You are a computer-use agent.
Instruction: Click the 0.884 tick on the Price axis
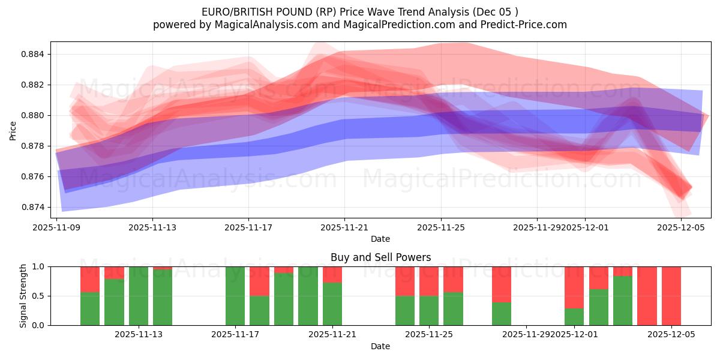point(34,54)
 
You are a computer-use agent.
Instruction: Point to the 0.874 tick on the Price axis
point(34,207)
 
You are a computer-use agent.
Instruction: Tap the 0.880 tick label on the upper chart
point(34,115)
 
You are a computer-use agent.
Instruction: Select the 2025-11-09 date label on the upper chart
point(56,227)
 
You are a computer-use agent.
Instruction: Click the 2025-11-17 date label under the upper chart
point(248,227)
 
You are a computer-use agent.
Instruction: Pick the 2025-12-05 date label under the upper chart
point(681,227)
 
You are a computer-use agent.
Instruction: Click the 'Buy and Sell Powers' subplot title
point(380,257)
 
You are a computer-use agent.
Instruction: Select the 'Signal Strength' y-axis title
point(23,296)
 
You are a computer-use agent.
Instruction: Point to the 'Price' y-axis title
point(13,130)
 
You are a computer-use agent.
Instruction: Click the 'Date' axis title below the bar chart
point(380,346)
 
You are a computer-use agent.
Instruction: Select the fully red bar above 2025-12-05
point(671,296)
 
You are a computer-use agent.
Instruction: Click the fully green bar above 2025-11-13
point(139,296)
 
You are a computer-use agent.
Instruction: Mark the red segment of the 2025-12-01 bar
point(574,287)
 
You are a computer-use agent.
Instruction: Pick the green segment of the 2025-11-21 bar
point(332,304)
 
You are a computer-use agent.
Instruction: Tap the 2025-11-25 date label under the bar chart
point(430,334)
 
